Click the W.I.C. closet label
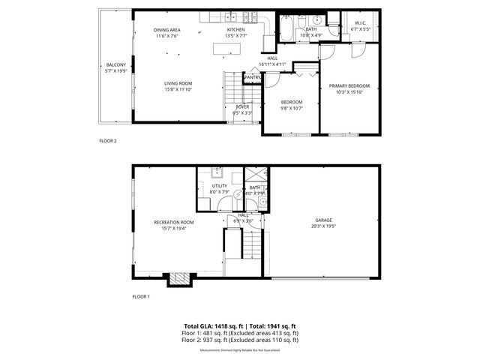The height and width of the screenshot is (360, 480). click(359, 23)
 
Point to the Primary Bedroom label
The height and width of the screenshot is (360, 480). click(349, 86)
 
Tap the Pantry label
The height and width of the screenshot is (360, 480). click(252, 76)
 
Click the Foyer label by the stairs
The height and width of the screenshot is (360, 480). click(242, 106)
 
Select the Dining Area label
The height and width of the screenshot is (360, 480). click(166, 30)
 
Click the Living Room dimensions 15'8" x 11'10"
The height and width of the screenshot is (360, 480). click(178, 89)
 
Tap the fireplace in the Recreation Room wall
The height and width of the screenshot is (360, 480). click(178, 279)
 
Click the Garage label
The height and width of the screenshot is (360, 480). click(323, 220)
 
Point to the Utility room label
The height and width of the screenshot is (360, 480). click(219, 185)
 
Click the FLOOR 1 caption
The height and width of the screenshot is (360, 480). click(141, 296)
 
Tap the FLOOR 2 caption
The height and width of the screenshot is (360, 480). click(108, 140)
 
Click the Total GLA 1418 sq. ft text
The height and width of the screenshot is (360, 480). click(212, 325)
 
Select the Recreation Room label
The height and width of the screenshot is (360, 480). click(173, 222)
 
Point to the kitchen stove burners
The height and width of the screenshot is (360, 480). click(253, 16)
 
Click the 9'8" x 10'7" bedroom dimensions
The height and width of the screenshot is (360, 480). click(291, 108)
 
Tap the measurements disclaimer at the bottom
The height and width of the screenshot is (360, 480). click(240, 348)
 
